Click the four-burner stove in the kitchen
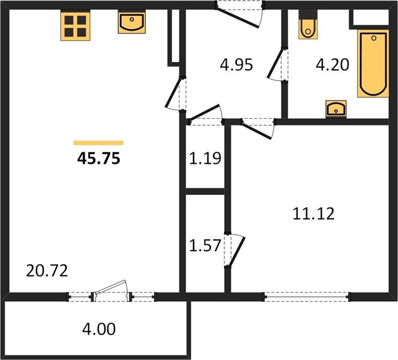click(x=76, y=26)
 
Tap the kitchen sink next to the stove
click(x=132, y=23)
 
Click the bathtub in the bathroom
click(x=373, y=64)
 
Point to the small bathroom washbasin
click(x=336, y=109)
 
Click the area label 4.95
click(x=236, y=65)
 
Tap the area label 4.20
click(x=333, y=65)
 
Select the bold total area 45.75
click(x=98, y=158)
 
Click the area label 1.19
click(x=205, y=158)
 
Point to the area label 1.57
click(x=205, y=245)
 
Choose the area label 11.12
click(x=313, y=214)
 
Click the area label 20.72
click(x=47, y=271)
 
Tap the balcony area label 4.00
click(x=99, y=329)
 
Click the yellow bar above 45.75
click(x=98, y=143)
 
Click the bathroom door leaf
click(x=275, y=64)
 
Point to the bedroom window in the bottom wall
click(x=307, y=297)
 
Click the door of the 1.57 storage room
click(x=237, y=251)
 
